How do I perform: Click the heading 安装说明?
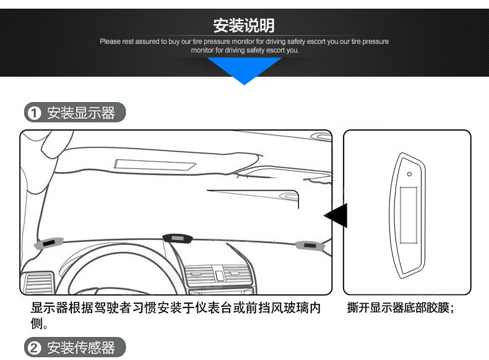point(244,25)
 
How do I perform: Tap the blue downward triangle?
point(244,70)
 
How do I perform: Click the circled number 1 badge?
point(34,113)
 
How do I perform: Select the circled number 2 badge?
point(34,348)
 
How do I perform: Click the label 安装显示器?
point(81,113)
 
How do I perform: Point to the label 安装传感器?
point(81,348)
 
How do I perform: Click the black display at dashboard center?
point(178,238)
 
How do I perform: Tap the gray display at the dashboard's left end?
point(48,243)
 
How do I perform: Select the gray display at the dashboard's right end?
point(310,246)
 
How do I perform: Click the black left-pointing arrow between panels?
point(337,215)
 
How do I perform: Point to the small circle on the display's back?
point(410,174)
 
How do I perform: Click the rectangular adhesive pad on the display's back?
point(409,215)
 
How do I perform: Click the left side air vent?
point(38,283)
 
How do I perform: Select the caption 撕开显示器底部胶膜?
point(397,307)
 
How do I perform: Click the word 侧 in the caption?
point(37,324)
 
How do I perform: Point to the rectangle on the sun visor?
point(154,165)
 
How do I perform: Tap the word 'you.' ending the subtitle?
point(292,50)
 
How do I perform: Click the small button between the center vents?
point(219,275)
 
